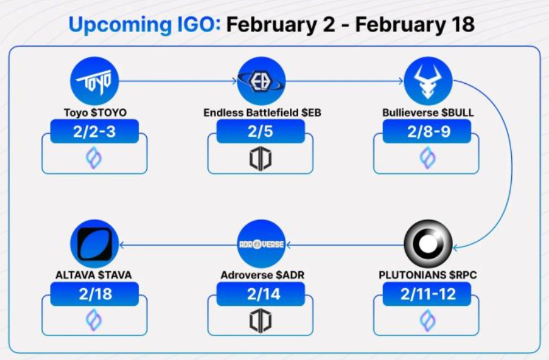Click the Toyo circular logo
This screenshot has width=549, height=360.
click(95, 81)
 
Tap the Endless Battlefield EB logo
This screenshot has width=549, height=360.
click(261, 81)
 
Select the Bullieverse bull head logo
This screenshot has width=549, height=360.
click(428, 81)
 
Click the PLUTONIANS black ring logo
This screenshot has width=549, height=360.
click(428, 244)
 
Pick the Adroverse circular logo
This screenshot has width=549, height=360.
click(261, 244)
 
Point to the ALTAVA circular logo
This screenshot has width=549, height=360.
click(95, 244)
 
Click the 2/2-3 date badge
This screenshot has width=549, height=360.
click(95, 131)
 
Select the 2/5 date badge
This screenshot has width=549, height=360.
click(260, 131)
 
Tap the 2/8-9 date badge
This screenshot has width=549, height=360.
click(427, 131)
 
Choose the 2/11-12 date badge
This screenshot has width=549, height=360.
click(427, 294)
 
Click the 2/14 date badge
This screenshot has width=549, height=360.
click(260, 294)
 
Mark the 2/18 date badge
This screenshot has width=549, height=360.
click(95, 294)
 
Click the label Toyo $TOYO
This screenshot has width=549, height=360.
click(95, 113)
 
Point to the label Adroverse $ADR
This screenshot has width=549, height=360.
click(262, 276)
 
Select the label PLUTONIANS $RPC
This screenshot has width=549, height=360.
click(427, 276)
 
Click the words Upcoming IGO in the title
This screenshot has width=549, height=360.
click(144, 25)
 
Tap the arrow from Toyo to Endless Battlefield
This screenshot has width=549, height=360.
click(178, 81)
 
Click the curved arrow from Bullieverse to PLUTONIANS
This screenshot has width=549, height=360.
click(512, 165)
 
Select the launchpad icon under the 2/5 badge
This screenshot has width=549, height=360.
click(260, 158)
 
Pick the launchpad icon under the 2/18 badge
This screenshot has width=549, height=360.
click(94, 320)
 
